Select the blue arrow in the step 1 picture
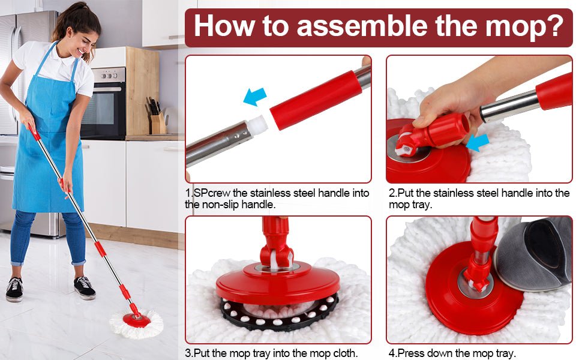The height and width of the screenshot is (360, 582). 254,96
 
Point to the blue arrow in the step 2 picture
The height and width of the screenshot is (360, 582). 478,143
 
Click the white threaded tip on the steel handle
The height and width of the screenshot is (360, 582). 257,126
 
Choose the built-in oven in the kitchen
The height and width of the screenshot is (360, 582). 103,103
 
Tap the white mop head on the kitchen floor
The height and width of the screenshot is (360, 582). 136,324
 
